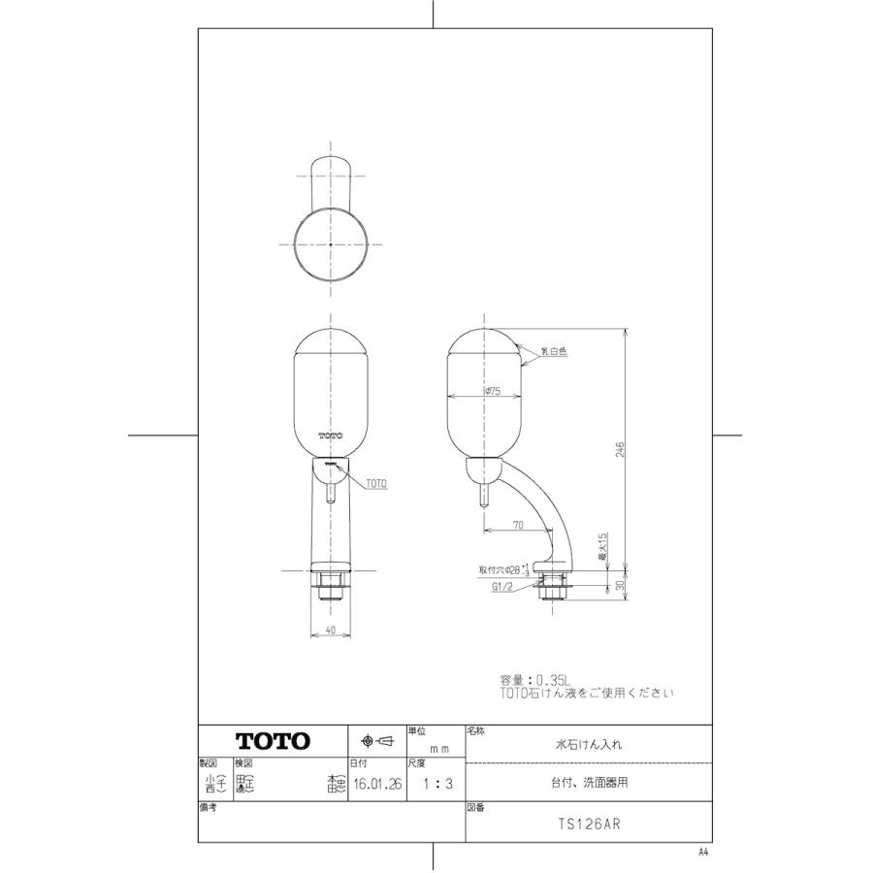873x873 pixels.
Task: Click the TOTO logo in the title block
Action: pos(274,742)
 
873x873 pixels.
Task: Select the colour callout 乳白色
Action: pos(555,352)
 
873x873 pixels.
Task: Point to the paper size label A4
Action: pos(703,852)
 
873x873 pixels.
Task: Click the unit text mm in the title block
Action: pos(438,749)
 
